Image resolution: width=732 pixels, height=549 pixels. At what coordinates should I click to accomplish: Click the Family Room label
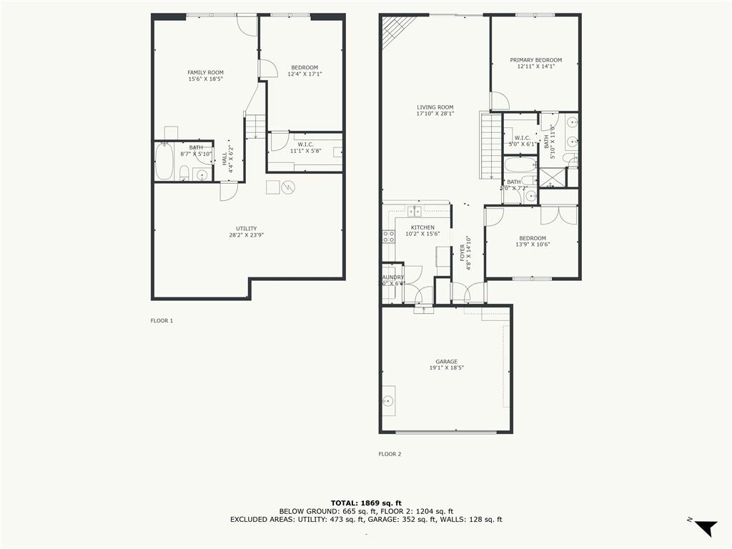(205, 72)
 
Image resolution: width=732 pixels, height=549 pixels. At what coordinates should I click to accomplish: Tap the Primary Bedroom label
(535, 60)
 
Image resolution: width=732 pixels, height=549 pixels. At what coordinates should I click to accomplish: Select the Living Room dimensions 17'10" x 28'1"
(435, 114)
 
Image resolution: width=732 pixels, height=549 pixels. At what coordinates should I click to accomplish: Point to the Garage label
(446, 362)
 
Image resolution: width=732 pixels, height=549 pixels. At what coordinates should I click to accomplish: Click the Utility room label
(246, 229)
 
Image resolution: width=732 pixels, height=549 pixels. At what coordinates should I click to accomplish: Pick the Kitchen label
(422, 227)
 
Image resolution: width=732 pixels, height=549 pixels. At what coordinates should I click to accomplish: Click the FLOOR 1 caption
(162, 321)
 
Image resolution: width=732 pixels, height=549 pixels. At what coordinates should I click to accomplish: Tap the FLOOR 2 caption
(390, 454)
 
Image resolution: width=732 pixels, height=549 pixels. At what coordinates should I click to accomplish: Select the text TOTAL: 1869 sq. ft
(365, 503)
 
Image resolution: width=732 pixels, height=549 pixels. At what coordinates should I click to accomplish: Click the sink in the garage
(388, 401)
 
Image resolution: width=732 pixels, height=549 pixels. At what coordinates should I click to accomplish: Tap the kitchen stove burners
(388, 237)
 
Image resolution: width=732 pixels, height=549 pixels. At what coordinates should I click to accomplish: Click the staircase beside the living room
(490, 147)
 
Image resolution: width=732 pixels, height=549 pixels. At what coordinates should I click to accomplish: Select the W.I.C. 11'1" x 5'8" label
(305, 147)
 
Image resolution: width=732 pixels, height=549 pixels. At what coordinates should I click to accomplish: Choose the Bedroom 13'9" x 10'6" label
(532, 242)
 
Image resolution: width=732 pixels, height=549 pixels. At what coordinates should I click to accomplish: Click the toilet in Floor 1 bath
(184, 173)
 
